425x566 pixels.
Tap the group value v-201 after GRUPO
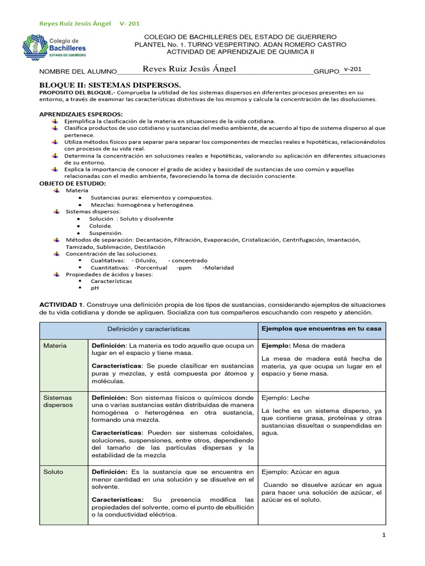coord(353,69)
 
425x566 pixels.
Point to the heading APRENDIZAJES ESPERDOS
coord(80,113)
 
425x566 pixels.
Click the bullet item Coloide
coord(100,226)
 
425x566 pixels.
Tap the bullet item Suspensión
coord(106,233)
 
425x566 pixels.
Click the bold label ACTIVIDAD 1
coord(61,305)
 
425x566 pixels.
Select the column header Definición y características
coord(148,329)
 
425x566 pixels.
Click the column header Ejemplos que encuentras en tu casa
coord(321,329)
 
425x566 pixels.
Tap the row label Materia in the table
coord(55,345)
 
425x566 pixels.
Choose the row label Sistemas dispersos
coord(58,401)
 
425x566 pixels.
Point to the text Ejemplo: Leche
coord(285,397)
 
